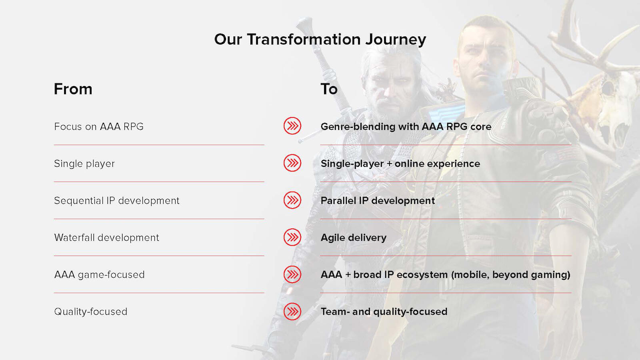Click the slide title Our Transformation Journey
tap(320, 40)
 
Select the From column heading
tap(73, 89)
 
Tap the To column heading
tap(329, 89)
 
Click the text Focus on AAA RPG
tap(99, 126)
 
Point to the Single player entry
tap(84, 164)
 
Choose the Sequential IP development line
tap(116, 200)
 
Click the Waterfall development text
tap(106, 238)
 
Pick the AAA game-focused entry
tap(99, 274)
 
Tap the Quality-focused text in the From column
tap(90, 312)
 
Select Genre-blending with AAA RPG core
tap(406, 126)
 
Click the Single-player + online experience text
tap(400, 164)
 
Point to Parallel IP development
tap(378, 200)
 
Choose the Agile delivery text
tap(354, 238)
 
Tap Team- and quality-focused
tap(384, 312)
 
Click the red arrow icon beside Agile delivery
tap(292, 237)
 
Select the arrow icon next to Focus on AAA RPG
tap(292, 126)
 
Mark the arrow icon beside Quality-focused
tap(292, 312)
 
